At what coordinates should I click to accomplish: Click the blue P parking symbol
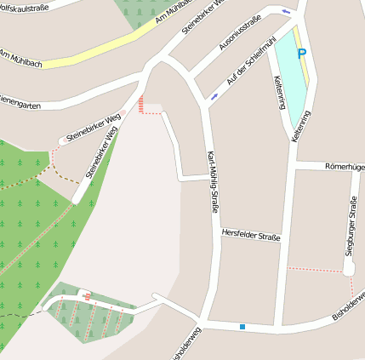pyautogui.click(x=300, y=53)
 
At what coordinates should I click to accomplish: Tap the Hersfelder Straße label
pyautogui.click(x=250, y=234)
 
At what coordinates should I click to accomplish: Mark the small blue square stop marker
pyautogui.click(x=242, y=326)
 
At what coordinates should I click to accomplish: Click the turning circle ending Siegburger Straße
pyautogui.click(x=348, y=269)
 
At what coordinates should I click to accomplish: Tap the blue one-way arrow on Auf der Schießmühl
pyautogui.click(x=214, y=97)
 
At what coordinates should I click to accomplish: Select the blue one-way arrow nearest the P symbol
pyautogui.click(x=285, y=11)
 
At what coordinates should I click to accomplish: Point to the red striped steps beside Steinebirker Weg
pyautogui.click(x=141, y=104)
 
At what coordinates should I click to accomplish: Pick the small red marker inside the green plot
pyautogui.click(x=88, y=295)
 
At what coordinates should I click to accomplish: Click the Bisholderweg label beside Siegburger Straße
pyautogui.click(x=349, y=308)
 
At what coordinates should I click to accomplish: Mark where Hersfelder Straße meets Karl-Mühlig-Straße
pyautogui.click(x=208, y=232)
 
